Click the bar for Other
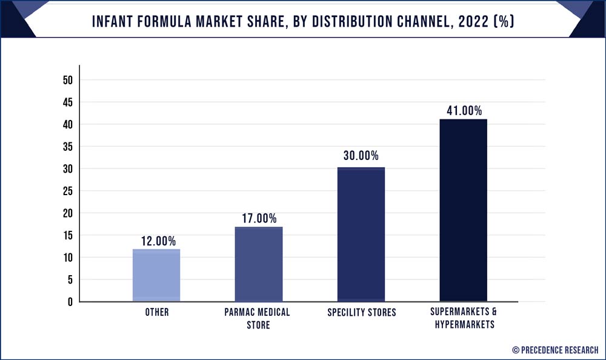point(156,275)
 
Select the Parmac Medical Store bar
point(259,264)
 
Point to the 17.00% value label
point(259,218)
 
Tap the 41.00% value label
point(463,111)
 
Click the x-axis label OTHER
point(157,313)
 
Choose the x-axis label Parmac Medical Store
point(259,318)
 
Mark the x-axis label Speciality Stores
point(361,313)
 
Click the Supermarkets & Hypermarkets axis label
point(463,318)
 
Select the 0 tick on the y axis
point(70,302)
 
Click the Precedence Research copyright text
point(555,350)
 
